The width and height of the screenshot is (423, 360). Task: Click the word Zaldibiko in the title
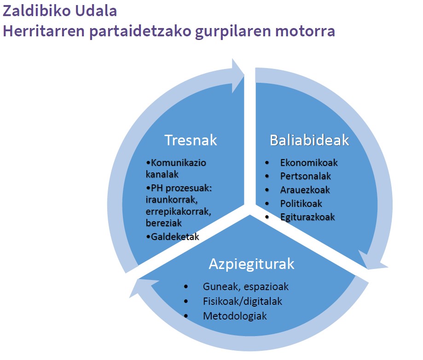coord(36,11)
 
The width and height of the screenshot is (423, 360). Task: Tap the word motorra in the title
coord(305,31)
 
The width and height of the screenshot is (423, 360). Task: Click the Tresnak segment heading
coord(191,140)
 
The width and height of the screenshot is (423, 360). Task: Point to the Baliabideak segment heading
coord(309,140)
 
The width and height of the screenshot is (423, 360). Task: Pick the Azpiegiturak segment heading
coord(251,264)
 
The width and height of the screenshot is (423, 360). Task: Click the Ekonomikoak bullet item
coord(309,162)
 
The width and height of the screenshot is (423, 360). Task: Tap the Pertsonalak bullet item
coord(305,176)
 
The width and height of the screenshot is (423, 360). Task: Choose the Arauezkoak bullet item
coord(305,190)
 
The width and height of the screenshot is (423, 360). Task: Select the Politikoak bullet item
coord(301,203)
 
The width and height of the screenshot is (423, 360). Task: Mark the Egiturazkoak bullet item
coord(307,217)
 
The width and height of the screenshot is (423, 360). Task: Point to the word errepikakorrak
coord(178,211)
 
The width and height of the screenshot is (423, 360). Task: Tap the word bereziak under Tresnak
coord(164,223)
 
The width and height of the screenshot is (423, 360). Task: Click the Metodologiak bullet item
coord(235,316)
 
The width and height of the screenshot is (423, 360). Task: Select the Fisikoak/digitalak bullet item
coord(243,301)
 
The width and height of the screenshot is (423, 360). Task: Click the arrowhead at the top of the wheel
coord(238,76)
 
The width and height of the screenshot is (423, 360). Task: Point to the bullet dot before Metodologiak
coord(186,316)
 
